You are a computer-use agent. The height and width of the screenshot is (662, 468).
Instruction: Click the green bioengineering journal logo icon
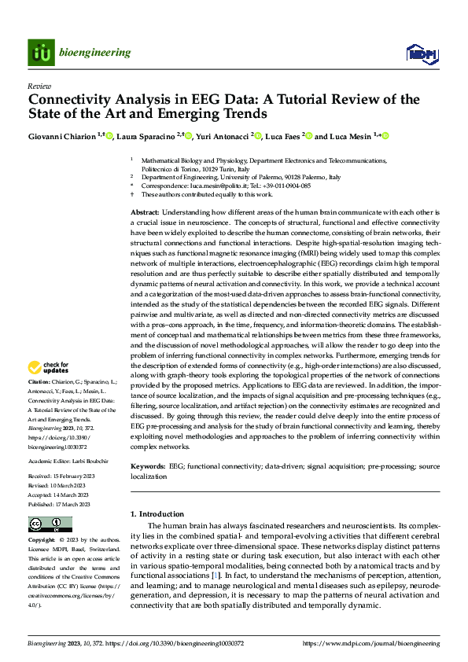coord(41,53)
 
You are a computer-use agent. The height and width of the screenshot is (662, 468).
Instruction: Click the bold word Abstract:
coord(145,213)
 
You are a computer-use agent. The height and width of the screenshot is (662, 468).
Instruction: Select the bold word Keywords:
coord(148,465)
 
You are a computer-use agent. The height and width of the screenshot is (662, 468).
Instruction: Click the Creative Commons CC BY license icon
coord(50,524)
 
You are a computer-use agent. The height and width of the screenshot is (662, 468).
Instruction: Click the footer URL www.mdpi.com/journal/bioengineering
coord(383,643)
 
